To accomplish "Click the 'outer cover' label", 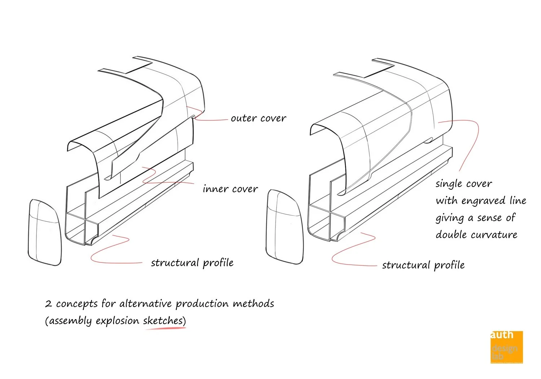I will (258, 118).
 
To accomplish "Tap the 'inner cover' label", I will (230, 189).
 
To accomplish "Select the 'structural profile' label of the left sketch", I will (192, 263).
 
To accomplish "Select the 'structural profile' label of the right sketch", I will (423, 265).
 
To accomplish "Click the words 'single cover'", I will (463, 184).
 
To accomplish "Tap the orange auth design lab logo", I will (506, 347).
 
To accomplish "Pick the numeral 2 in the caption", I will (48, 304).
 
